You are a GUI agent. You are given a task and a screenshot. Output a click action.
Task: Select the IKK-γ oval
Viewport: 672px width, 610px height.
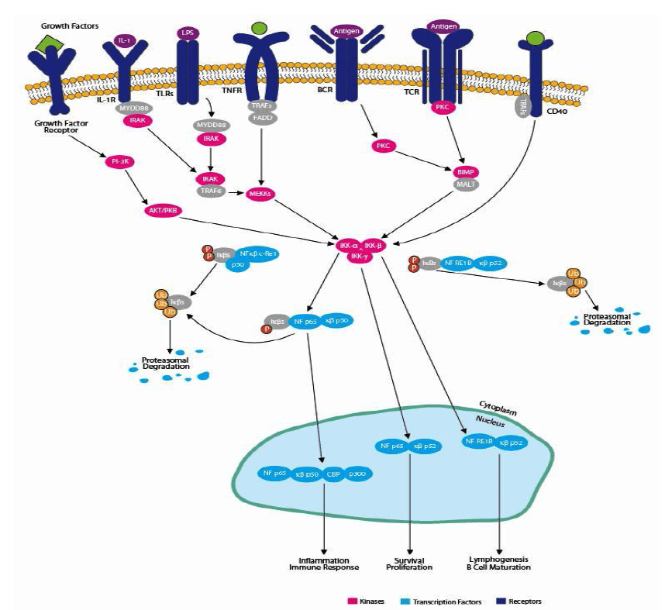tap(359, 257)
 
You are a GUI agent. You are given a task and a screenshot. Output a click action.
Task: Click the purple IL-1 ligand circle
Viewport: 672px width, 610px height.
tap(122, 40)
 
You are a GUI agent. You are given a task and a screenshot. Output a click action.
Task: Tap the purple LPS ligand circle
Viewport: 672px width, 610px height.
tap(187, 33)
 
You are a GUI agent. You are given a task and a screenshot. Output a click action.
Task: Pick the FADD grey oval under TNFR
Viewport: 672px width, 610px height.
tap(260, 118)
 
